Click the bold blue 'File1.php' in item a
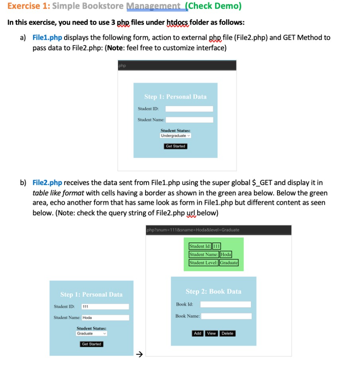[x=47, y=38]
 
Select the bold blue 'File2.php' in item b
[x=47, y=183]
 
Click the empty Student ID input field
[x=189, y=109]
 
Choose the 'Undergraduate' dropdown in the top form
[x=175, y=136]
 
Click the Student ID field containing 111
[x=105, y=306]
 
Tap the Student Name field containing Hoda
[x=105, y=317]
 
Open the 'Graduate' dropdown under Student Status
[x=91, y=333]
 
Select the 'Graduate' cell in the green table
[x=229, y=263]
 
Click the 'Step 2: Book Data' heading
[x=213, y=292]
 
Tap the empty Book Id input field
[x=225, y=305]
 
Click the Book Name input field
[x=226, y=316]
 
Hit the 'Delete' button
[x=227, y=334]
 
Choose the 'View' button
[x=211, y=334]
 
